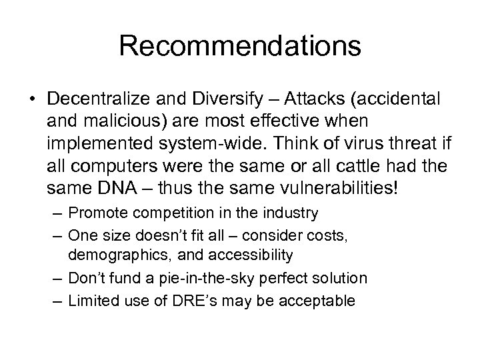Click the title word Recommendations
coord(240,46)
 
